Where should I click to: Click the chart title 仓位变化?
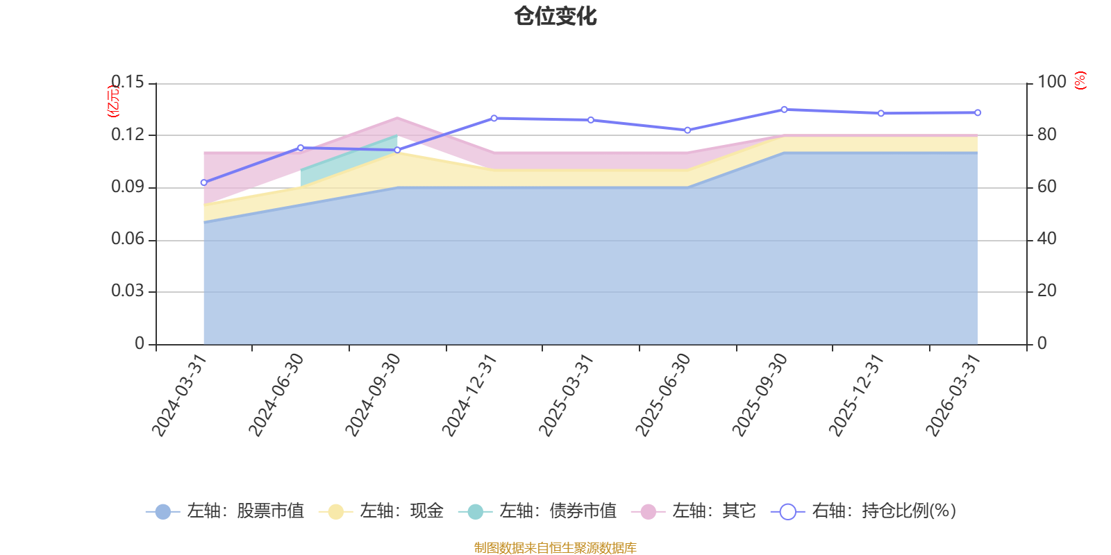555,17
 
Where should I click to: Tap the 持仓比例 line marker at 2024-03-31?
204,183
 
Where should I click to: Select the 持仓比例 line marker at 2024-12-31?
494,119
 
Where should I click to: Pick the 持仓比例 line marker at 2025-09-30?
784,110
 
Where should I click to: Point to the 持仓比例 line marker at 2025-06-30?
687,130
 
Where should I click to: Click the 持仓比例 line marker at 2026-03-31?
978,113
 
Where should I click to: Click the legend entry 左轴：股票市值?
225,511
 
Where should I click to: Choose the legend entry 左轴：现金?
381,511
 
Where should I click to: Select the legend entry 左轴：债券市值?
537,511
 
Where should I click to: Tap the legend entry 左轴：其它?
694,511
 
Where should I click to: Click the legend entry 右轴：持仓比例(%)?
864,511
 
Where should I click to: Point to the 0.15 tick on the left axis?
128,82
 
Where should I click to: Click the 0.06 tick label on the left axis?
128,239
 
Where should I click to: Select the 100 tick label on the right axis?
1052,82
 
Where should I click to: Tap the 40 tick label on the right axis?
1047,239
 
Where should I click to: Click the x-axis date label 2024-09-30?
372,395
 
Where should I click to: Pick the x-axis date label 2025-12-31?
857,395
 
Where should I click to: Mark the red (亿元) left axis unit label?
114,101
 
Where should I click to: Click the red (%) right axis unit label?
1080,80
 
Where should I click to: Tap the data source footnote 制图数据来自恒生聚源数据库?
555,547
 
